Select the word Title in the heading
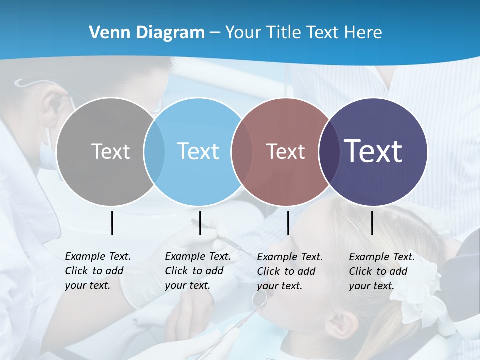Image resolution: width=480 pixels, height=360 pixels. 285,33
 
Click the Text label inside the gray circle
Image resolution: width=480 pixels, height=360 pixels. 110,151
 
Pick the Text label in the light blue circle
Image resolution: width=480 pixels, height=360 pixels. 198,151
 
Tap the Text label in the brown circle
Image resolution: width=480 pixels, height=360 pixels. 285,151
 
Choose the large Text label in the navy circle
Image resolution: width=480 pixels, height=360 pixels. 373,151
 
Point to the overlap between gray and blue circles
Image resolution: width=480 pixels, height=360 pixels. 154,151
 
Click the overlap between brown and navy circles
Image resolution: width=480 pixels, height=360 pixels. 329,151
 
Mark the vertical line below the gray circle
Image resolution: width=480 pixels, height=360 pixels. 112,223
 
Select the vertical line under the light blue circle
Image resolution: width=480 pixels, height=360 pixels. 200,223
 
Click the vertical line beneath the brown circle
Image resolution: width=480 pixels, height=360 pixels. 288,223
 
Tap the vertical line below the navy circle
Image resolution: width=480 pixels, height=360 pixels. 372,223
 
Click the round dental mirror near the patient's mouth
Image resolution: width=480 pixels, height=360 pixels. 259,299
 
